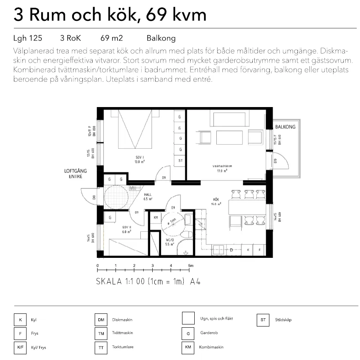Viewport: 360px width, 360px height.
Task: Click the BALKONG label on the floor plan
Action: point(285,127)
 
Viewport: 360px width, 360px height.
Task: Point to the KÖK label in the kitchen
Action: point(216,200)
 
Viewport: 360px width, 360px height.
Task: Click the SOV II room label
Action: point(126,228)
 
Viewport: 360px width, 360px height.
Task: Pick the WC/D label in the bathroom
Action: point(169,241)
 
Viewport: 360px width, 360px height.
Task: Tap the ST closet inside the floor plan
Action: point(180,160)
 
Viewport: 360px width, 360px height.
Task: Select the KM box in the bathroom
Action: point(155,218)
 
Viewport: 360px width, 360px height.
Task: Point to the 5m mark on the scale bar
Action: point(190,266)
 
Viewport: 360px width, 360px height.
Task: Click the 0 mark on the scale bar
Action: point(98,266)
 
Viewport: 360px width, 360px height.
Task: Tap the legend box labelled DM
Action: point(100,320)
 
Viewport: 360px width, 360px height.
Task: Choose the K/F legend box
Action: point(20,347)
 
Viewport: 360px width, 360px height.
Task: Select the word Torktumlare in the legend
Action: point(123,347)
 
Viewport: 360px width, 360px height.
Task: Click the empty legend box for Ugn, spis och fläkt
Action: point(188,318)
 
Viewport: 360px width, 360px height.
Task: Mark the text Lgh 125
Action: point(28,38)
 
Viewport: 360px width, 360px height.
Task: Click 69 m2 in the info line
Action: point(111,38)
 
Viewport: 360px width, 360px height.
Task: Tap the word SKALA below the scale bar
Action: point(109,282)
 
